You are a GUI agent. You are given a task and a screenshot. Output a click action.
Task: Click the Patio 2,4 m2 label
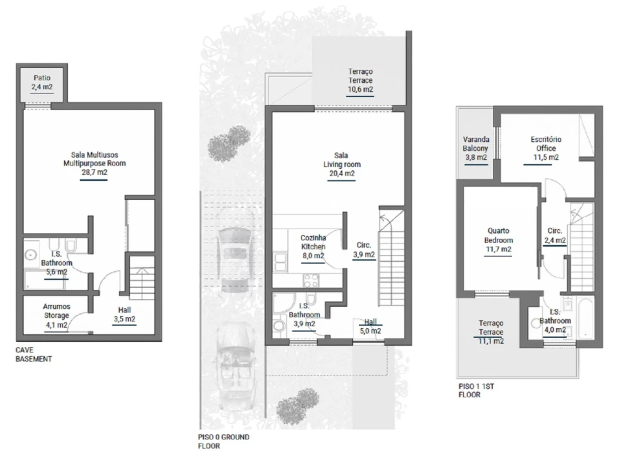pos(43,82)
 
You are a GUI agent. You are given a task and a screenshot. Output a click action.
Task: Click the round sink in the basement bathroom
pos(30,254)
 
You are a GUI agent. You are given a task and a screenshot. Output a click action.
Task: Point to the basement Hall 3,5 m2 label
pos(124,315)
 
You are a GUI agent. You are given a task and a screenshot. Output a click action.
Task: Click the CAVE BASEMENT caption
pos(34,355)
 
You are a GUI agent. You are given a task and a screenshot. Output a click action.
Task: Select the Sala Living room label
pos(342,160)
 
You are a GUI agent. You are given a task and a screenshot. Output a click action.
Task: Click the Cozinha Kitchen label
pos(313,242)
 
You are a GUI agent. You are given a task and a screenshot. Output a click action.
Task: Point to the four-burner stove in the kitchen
pos(311,280)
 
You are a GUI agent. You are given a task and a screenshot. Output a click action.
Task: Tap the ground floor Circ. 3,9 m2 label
pos(364,250)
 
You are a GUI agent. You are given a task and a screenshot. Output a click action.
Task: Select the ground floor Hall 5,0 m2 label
pos(370,326)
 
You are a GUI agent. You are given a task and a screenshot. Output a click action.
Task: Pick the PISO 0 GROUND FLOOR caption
pos(224,441)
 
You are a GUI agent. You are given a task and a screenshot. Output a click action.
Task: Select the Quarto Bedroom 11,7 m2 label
pos(498,240)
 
